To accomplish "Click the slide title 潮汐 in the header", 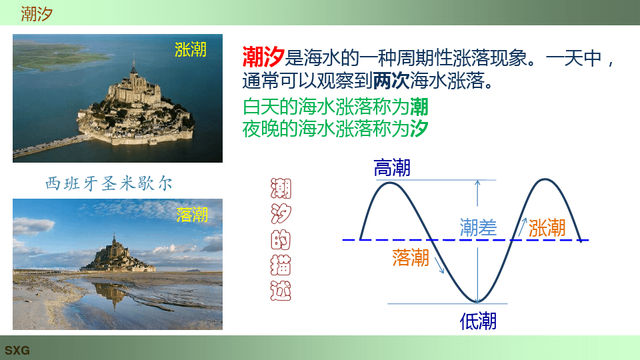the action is pyautogui.click(x=37, y=13).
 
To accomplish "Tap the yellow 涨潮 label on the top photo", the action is pyautogui.click(x=191, y=49).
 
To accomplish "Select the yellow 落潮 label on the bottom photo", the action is pyautogui.click(x=192, y=214).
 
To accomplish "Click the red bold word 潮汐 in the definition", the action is pyautogui.click(x=263, y=57).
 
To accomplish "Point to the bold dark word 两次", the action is pyautogui.click(x=391, y=81).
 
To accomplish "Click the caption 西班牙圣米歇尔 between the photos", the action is pyautogui.click(x=109, y=184).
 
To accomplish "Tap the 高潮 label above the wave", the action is pyautogui.click(x=392, y=168).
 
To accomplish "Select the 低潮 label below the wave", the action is pyautogui.click(x=478, y=321).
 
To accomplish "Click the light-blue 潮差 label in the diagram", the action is pyautogui.click(x=478, y=227).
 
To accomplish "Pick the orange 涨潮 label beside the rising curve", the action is pyautogui.click(x=547, y=228).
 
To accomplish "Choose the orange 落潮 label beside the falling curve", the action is pyautogui.click(x=411, y=258).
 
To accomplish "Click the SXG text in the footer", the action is pyautogui.click(x=17, y=350).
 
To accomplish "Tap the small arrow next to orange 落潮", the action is pyautogui.click(x=439, y=265).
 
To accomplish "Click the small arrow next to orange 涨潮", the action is pyautogui.click(x=522, y=227).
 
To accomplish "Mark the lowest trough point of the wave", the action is pyautogui.click(x=477, y=302).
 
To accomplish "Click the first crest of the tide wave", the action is pyautogui.click(x=390, y=183).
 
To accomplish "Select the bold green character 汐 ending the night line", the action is pyautogui.click(x=419, y=129).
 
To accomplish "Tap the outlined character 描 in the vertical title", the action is pyautogui.click(x=281, y=265).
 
